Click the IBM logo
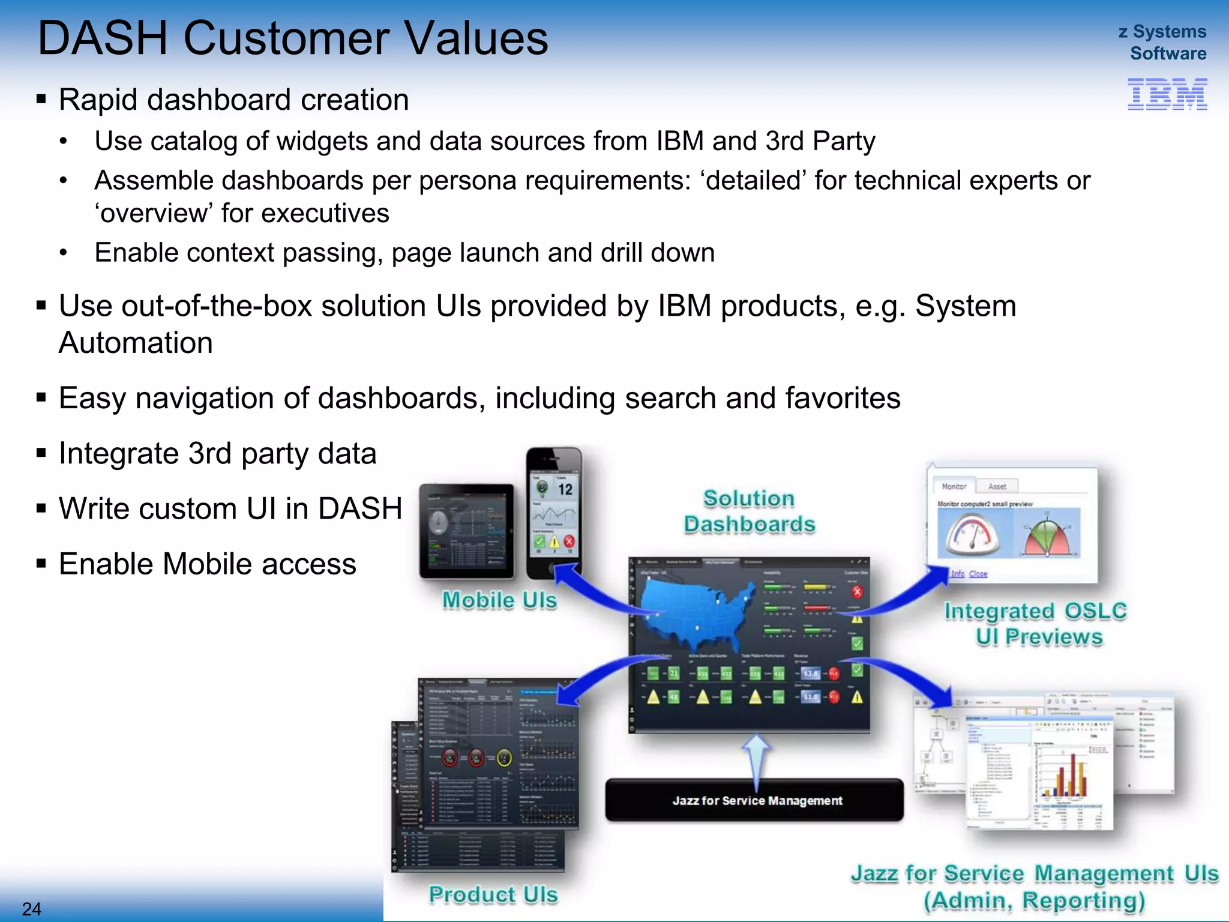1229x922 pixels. click(1167, 94)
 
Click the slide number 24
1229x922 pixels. click(31, 909)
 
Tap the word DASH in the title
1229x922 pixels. click(103, 38)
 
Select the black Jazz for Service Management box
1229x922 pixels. click(754, 801)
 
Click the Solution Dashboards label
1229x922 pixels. click(749, 511)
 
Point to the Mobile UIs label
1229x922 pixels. click(499, 600)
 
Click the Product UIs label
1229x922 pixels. click(493, 894)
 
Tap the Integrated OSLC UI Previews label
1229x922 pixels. click(1036, 624)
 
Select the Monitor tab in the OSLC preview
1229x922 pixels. click(954, 486)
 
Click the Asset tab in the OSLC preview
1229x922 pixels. click(997, 486)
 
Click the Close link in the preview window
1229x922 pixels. click(978, 574)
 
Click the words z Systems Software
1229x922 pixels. click(1162, 42)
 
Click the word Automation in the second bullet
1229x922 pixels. click(136, 343)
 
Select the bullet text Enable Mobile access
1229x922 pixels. click(207, 564)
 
